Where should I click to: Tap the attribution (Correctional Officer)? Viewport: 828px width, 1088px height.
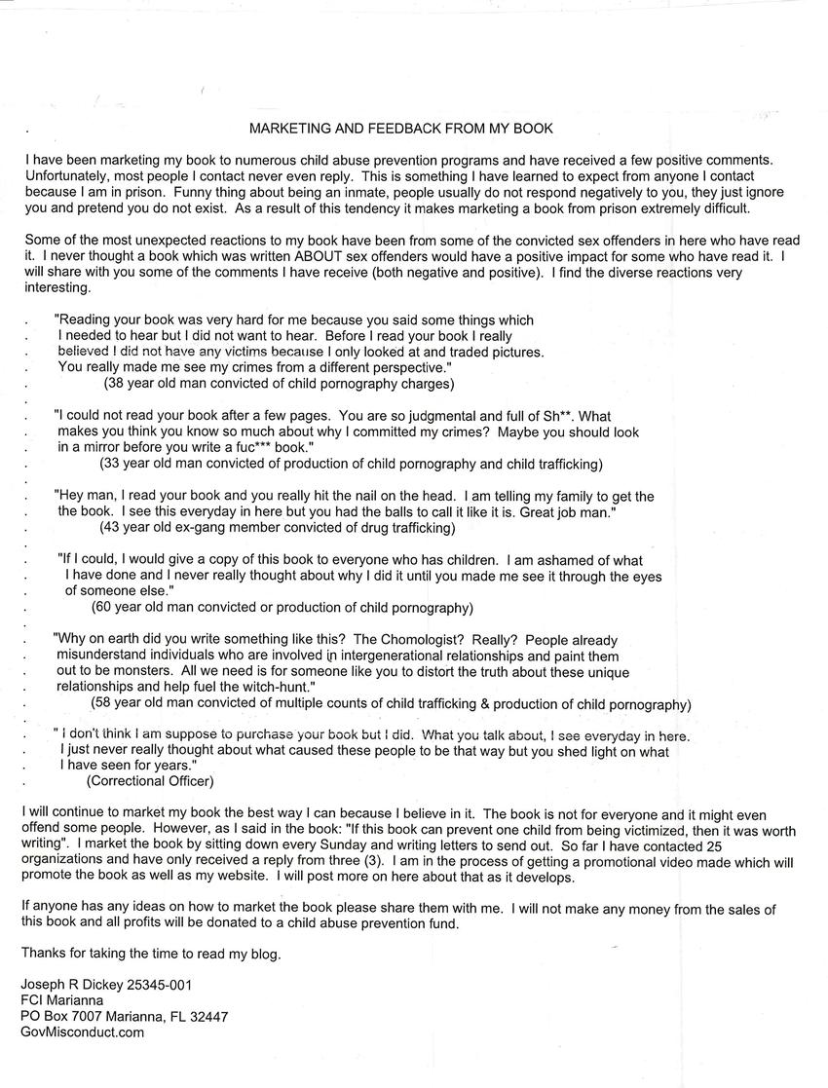pyautogui.click(x=150, y=780)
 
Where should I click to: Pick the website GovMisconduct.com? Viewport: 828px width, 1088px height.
pyautogui.click(x=82, y=1032)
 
